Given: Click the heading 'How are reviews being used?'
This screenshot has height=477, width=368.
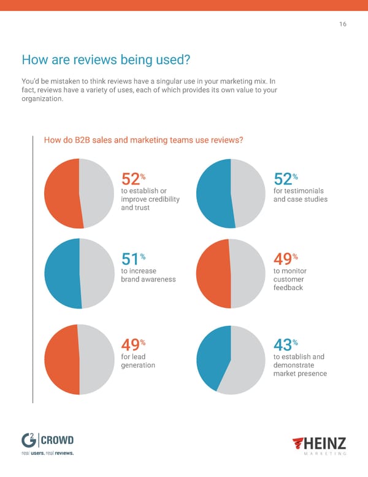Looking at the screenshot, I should coord(105,60).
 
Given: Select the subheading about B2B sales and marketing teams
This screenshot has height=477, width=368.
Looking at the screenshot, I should coord(144,140).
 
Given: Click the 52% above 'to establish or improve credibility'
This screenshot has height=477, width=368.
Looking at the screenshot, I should coord(131,179).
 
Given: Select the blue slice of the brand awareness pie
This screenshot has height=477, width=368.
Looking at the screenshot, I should coord(61,274).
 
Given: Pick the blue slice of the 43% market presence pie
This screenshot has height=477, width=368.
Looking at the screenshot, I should coord(212,353).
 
